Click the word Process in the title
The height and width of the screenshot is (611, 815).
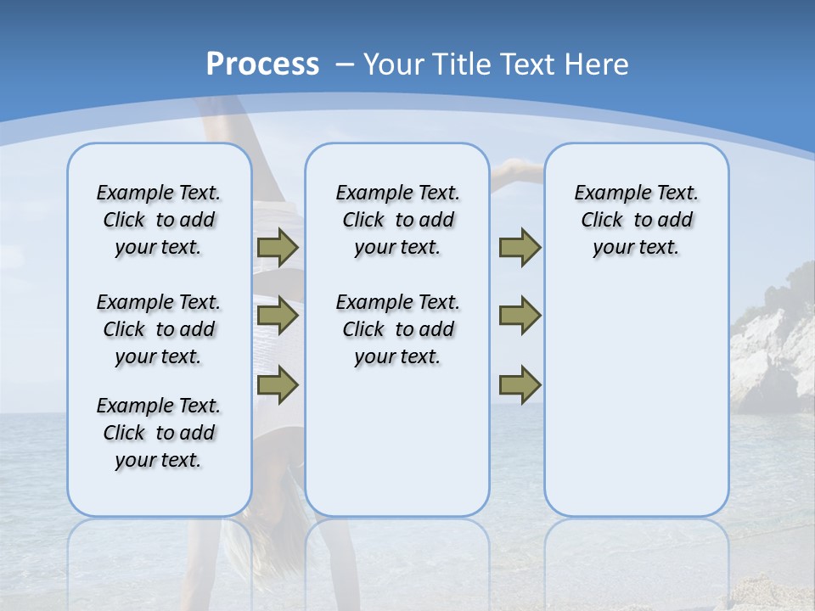262,64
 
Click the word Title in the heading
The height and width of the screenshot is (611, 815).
463,64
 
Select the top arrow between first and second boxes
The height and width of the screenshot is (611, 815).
278,247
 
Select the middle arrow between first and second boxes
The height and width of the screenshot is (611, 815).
278,316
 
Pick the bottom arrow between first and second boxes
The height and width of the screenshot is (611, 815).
278,384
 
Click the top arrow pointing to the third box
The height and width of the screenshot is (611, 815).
520,247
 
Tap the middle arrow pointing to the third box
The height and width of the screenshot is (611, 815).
520,316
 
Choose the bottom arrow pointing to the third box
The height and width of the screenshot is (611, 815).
520,384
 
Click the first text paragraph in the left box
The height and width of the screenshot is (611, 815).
159,220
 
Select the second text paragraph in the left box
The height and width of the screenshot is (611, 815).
159,329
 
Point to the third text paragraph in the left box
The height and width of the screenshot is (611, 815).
159,433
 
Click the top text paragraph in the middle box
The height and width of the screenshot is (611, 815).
397,220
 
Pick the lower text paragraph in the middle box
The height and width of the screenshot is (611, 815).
397,329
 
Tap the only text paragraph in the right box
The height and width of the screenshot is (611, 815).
636,220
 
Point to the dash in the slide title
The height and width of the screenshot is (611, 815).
345,64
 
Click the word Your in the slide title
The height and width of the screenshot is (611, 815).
396,64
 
